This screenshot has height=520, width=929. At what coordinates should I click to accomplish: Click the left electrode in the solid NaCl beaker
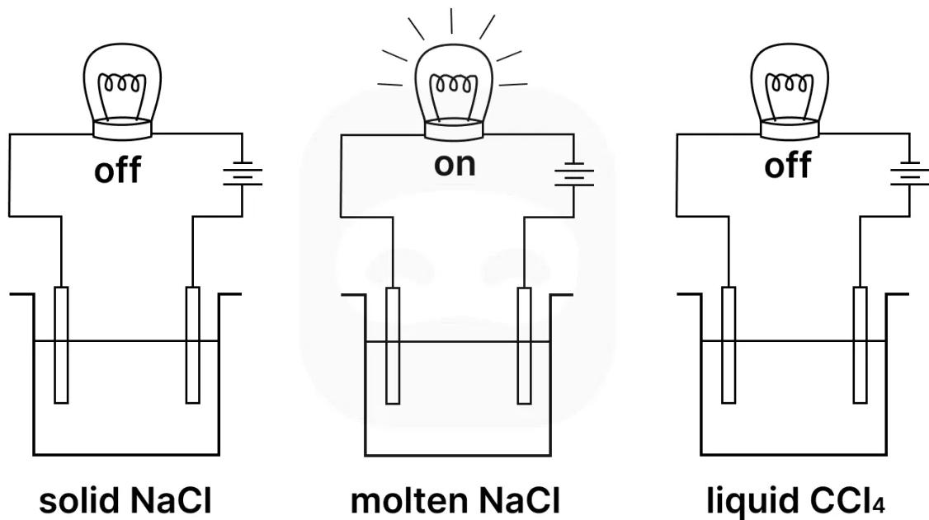tap(61, 344)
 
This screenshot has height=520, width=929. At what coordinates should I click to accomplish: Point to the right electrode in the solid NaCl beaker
tap(192, 344)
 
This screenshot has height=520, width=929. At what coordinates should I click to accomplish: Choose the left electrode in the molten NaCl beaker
tap(393, 344)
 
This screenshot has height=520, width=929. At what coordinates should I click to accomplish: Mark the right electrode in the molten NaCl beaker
tap(524, 344)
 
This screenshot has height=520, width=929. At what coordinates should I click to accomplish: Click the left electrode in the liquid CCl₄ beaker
tap(728, 344)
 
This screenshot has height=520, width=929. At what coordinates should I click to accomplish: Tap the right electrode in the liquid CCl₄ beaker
tap(861, 344)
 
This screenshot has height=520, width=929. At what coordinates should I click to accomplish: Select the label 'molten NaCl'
tap(455, 499)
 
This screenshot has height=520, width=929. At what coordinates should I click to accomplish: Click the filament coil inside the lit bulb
tap(455, 86)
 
